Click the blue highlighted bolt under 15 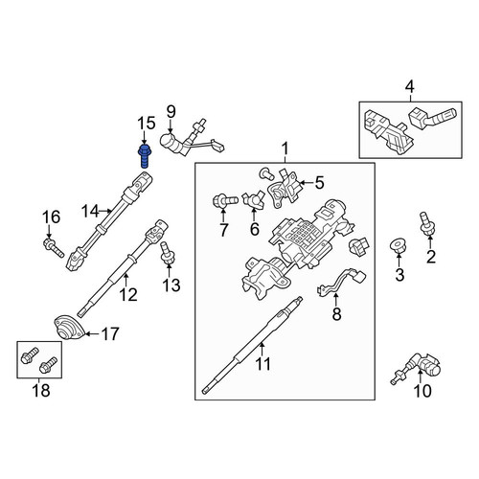tap(145, 156)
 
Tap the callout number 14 tap(90, 211)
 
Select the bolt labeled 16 tap(54, 248)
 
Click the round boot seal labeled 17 tap(69, 327)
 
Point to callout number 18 tap(41, 390)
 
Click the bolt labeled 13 tap(167, 253)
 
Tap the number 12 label tap(128, 294)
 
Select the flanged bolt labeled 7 tap(225, 201)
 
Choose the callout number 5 tap(319, 183)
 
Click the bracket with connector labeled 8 tap(341, 283)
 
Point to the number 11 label tap(263, 364)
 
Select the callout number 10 tap(422, 391)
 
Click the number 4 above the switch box tap(410, 86)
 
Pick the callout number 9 tap(171, 112)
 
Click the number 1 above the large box tap(285, 149)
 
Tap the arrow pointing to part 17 tap(92, 334)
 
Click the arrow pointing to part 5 tap(306, 183)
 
